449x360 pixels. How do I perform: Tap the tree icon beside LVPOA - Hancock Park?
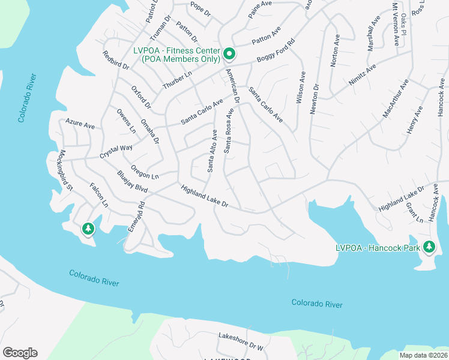429,246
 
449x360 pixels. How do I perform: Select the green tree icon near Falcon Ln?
88,229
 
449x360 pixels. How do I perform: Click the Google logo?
20,353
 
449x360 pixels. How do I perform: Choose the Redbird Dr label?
116,61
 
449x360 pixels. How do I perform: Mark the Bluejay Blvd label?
133,181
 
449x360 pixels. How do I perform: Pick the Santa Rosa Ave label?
229,131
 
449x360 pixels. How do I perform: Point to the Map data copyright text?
423,355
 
